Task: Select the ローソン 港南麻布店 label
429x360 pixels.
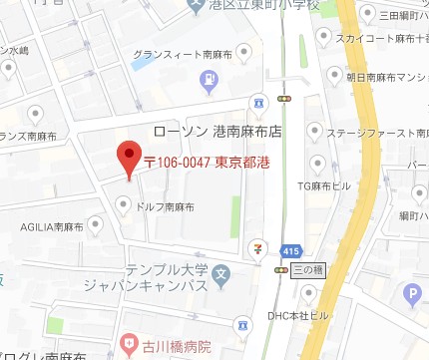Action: pyautogui.click(x=213, y=131)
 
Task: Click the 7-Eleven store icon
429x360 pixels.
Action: pyautogui.click(x=259, y=244)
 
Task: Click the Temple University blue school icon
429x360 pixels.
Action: pyautogui.click(x=222, y=272)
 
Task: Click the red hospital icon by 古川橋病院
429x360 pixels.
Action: pyautogui.click(x=129, y=345)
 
